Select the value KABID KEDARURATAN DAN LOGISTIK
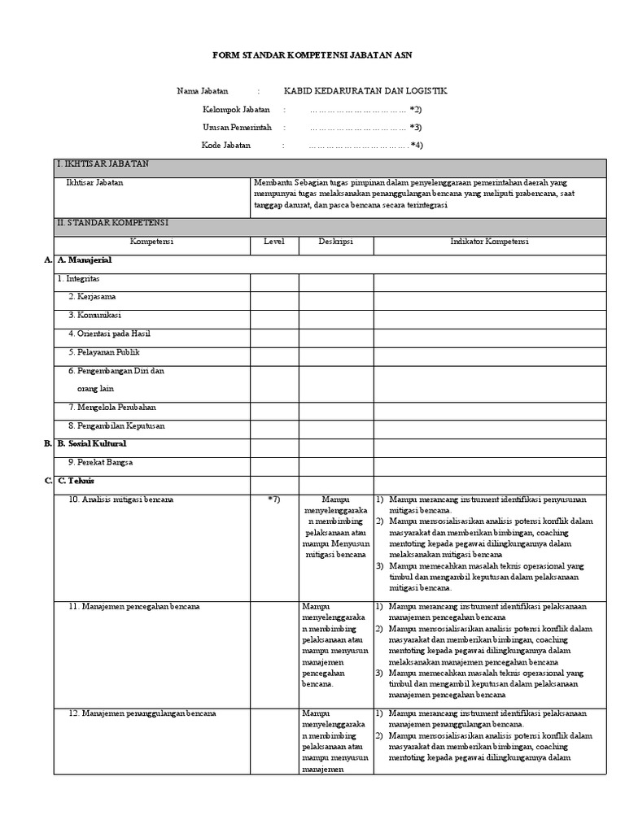(x=365, y=91)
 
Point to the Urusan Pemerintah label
(x=237, y=127)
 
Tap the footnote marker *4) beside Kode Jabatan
(x=416, y=146)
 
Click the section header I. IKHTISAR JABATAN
(x=103, y=164)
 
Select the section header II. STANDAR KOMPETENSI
(x=112, y=222)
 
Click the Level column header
(x=273, y=242)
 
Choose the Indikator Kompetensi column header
(x=489, y=242)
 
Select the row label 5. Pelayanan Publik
(x=104, y=352)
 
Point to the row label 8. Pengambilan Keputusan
(x=116, y=425)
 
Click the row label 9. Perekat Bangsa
(x=100, y=462)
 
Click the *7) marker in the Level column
(x=273, y=499)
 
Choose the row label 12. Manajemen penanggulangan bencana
(x=142, y=713)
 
